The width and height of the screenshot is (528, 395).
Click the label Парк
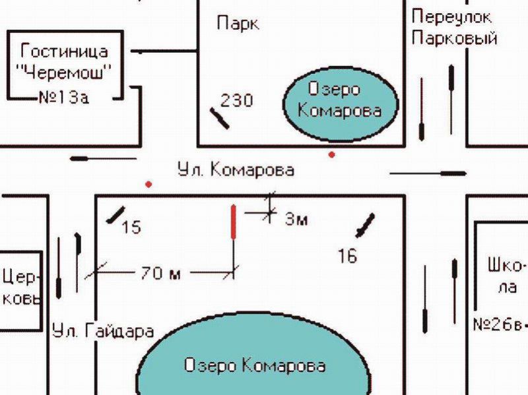click(238, 24)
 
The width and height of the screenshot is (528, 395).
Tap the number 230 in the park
click(236, 100)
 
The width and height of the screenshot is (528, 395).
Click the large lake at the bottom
click(254, 365)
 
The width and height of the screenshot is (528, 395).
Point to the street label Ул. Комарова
click(236, 170)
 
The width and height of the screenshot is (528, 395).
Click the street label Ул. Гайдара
click(103, 331)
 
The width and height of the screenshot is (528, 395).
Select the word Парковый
click(454, 38)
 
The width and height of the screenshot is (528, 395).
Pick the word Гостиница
click(65, 51)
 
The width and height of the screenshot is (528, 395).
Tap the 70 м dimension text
click(161, 273)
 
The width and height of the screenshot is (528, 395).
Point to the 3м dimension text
click(296, 220)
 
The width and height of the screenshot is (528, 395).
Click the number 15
click(132, 228)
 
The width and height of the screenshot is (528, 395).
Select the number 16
click(347, 255)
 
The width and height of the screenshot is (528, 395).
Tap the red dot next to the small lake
click(331, 154)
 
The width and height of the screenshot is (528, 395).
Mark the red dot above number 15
click(149, 184)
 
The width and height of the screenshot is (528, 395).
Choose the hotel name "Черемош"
click(64, 74)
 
